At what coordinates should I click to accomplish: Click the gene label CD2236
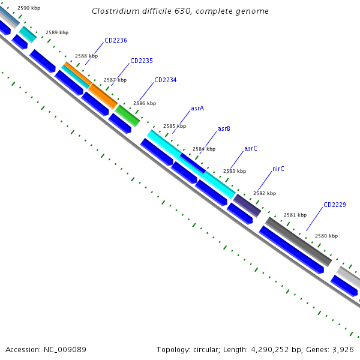tap(116, 41)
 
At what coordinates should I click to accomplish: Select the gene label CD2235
tap(142, 61)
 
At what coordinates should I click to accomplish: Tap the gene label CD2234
tap(166, 80)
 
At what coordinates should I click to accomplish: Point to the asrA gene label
tap(197, 109)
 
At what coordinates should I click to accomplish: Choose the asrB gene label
tap(224, 128)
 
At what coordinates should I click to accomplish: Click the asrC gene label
tap(251, 148)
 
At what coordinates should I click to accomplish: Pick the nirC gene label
tap(278, 169)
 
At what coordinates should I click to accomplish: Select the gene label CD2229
tap(335, 205)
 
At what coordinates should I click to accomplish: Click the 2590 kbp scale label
tap(29, 8)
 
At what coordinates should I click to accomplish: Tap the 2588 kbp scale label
tap(86, 56)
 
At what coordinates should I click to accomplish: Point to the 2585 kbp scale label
tap(175, 127)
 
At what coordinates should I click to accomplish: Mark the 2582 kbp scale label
tap(265, 193)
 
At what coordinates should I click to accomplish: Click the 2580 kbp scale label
tap(326, 236)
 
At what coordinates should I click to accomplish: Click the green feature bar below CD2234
tap(127, 115)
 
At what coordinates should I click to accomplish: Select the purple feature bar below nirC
tap(247, 205)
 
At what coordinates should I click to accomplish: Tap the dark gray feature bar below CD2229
tap(298, 242)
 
